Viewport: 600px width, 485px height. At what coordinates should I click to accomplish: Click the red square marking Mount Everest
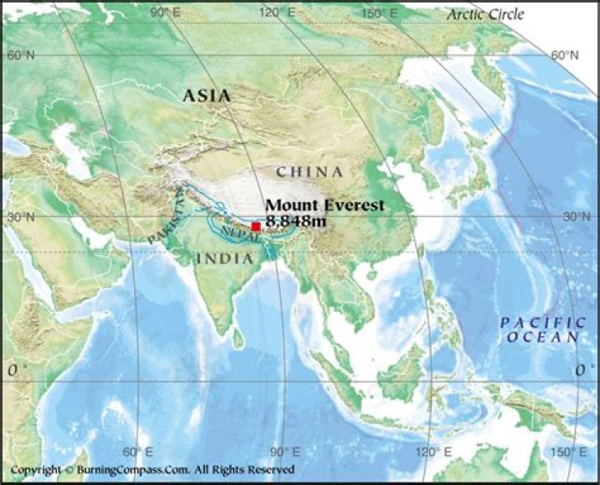point(256,226)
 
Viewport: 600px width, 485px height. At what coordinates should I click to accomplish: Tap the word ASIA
point(207,97)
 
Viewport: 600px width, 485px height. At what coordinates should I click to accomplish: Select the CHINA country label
point(309,172)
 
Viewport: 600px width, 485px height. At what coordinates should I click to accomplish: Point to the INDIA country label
point(224,259)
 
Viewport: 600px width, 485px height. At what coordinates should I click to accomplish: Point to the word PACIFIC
point(532,322)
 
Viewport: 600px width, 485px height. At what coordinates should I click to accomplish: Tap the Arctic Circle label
point(485,14)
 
